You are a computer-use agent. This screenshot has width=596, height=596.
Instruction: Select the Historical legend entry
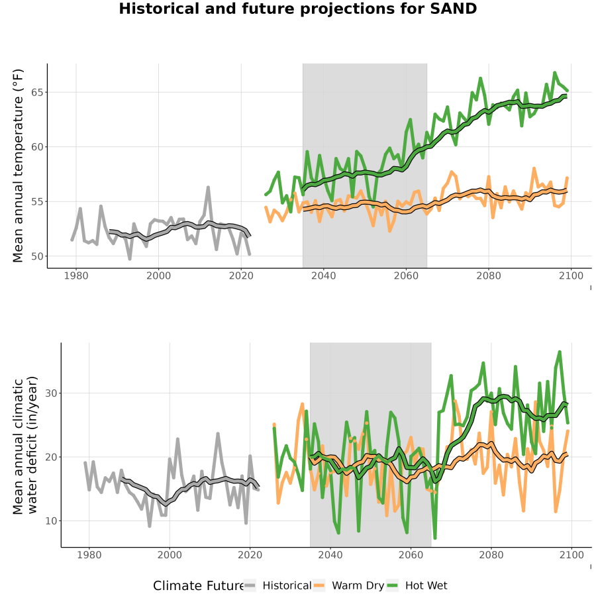pyautogui.click(x=277, y=585)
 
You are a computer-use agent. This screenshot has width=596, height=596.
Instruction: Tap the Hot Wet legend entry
pyautogui.click(x=417, y=585)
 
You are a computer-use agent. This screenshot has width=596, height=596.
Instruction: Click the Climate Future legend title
pyautogui.click(x=198, y=586)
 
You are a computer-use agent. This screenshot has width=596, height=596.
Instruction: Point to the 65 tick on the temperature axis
pyautogui.click(x=38, y=92)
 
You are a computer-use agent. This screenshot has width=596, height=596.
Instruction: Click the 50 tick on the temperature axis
pyautogui.click(x=38, y=256)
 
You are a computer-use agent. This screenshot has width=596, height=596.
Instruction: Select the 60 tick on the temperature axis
pyautogui.click(x=38, y=147)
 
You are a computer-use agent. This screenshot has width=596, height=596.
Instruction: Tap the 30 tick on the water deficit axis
pyautogui.click(x=51, y=393)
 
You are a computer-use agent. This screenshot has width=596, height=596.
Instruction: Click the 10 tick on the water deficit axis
pyautogui.click(x=51, y=521)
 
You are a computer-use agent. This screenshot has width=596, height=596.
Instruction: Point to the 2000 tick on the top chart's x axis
pyautogui.click(x=158, y=275)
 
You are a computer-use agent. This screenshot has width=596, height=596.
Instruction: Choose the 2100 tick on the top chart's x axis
pyautogui.click(x=571, y=275)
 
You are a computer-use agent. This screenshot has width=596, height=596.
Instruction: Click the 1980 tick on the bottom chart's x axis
pyautogui.click(x=89, y=555)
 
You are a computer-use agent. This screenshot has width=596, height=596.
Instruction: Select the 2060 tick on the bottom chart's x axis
pyautogui.click(x=411, y=555)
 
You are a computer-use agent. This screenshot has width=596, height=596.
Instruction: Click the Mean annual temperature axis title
pyautogui.click(x=17, y=166)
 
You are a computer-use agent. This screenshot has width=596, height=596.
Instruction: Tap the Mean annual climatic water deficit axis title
pyautogui.click(x=25, y=445)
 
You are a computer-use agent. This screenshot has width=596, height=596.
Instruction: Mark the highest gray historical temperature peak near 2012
pyautogui.click(x=209, y=187)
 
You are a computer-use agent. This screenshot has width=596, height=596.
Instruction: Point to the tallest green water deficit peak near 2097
pyautogui.click(x=560, y=352)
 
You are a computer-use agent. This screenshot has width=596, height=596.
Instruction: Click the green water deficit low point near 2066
pyautogui.click(x=435, y=538)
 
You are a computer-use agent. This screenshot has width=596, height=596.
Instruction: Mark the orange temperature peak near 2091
pyautogui.click(x=534, y=168)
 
